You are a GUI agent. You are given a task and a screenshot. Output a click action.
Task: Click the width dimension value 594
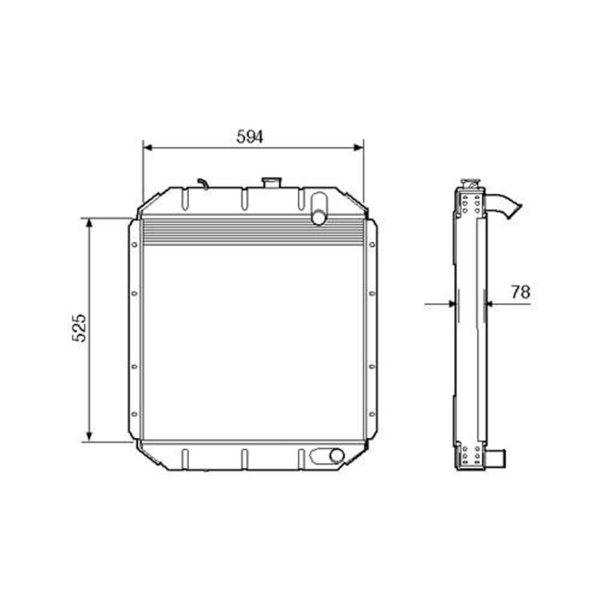tap(249, 137)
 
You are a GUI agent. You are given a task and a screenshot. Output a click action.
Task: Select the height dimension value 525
tap(80, 328)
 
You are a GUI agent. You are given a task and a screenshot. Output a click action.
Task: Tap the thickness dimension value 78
tap(520, 292)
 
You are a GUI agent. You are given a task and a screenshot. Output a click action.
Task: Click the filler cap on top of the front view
tap(272, 182)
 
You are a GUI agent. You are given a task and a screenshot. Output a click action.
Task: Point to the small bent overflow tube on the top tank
tap(203, 183)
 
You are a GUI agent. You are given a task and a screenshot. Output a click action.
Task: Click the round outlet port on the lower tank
tap(337, 456)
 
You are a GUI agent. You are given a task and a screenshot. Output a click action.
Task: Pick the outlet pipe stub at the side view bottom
tap(498, 460)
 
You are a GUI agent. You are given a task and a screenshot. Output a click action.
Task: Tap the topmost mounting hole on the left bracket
tap(134, 245)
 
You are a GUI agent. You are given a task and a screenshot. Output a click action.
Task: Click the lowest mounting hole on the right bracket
tap(371, 414)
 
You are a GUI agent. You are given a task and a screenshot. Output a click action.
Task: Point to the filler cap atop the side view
tap(470, 182)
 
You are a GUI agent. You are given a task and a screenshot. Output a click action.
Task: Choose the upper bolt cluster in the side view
tap(471, 203)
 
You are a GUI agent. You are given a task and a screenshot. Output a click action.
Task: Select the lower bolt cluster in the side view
tap(471, 456)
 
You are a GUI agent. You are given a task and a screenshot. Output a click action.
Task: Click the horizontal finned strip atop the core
tap(252, 231)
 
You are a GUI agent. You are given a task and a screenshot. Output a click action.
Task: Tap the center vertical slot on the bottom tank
tap(244, 458)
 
